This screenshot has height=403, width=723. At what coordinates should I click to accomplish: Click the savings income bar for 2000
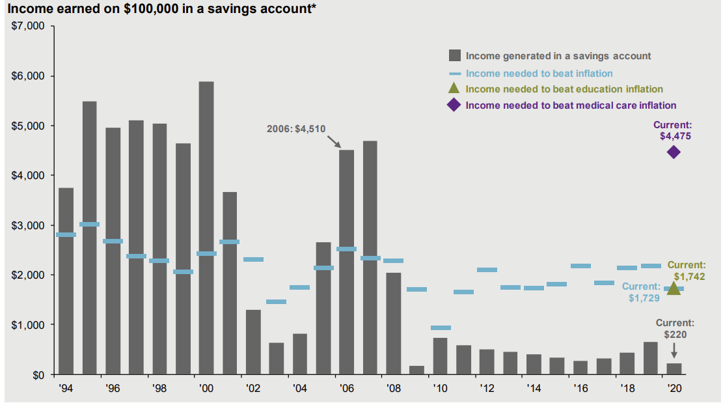point(206,228)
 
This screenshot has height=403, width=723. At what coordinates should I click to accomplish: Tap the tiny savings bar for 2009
point(416,370)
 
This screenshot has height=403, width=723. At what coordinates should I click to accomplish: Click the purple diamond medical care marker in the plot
point(674,152)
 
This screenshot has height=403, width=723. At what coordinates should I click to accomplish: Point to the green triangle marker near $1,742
point(674,288)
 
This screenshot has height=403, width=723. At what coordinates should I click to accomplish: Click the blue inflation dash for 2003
point(276,301)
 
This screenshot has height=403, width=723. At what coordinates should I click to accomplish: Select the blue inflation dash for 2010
point(441,327)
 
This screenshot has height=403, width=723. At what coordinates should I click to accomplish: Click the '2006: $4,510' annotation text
point(296,129)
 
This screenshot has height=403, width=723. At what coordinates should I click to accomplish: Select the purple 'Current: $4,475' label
point(674,131)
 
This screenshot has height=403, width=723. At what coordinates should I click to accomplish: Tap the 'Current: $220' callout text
point(675,329)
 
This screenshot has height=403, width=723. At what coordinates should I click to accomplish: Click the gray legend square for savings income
point(454,56)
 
